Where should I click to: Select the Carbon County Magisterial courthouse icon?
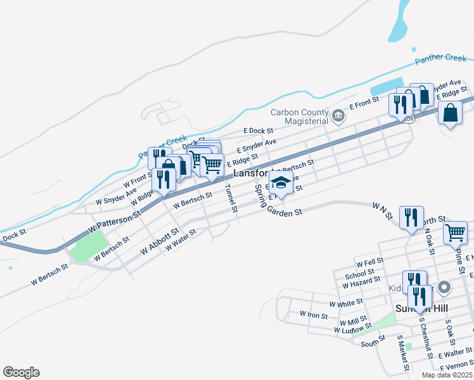[x=338, y=116]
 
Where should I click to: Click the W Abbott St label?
[x=159, y=242]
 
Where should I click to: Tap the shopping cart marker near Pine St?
[x=455, y=232]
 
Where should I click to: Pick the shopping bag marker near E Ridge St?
[x=449, y=113]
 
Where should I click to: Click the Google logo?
[x=21, y=372]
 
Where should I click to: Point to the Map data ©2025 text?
[x=446, y=374]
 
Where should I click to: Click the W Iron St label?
[x=314, y=315]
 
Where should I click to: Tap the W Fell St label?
[x=370, y=262]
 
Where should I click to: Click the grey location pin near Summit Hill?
[x=444, y=288]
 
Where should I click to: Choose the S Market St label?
[x=402, y=355]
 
